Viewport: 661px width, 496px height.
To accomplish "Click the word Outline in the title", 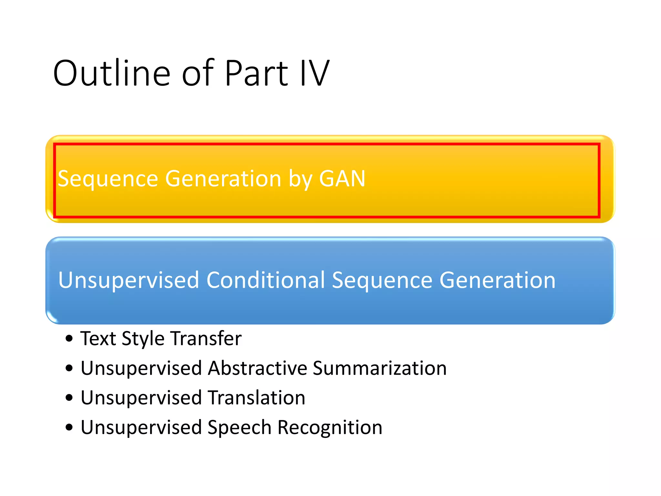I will pyautogui.click(x=111, y=74).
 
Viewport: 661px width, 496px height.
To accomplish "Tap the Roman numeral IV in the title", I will pyautogui.click(x=314, y=74).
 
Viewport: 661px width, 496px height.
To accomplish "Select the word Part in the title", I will pyautogui.click(x=256, y=74).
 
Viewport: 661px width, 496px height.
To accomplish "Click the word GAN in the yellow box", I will pyautogui.click(x=342, y=179).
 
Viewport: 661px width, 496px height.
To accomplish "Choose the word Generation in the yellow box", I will pyautogui.click(x=223, y=179).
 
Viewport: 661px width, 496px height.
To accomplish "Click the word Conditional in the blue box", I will pyautogui.click(x=265, y=280).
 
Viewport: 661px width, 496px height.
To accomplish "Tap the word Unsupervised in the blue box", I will pyautogui.click(x=128, y=280).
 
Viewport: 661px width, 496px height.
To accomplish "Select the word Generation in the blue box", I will pyautogui.click(x=497, y=280).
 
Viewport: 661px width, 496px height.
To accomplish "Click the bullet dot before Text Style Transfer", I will pyautogui.click(x=69, y=339).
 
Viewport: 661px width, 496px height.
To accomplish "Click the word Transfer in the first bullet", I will pyautogui.click(x=206, y=338).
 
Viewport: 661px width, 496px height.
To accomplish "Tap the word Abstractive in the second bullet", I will pyautogui.click(x=257, y=368).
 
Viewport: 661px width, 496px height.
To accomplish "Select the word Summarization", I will pyautogui.click(x=380, y=368).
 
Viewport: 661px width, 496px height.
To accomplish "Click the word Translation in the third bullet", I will pyautogui.click(x=257, y=398).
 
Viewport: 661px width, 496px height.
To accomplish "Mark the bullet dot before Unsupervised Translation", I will pyautogui.click(x=69, y=398).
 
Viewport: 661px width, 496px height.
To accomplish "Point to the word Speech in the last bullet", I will pyautogui.click(x=239, y=428).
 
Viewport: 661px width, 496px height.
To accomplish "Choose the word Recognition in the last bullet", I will pyautogui.click(x=330, y=428).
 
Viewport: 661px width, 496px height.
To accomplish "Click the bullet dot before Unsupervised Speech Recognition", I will pyautogui.click(x=69, y=428).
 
